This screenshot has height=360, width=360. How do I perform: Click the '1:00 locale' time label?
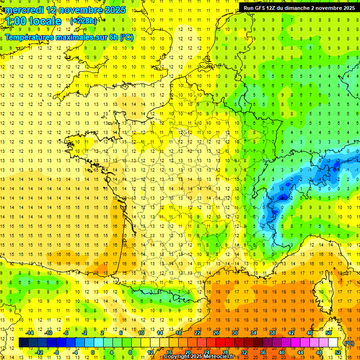[x=34, y=21]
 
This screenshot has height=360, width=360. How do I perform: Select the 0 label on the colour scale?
[x=93, y=352]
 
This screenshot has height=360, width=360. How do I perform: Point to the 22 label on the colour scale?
[x=197, y=333]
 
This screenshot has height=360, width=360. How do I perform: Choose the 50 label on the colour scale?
[x=328, y=333]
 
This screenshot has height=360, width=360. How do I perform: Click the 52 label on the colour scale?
[x=337, y=352]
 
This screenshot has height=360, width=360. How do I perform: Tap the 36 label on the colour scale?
[x=262, y=352]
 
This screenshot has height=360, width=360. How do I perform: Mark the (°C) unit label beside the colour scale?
[x=349, y=343]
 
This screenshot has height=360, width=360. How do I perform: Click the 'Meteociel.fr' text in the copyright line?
[x=222, y=357]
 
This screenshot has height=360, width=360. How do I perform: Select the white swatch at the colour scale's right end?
[x=333, y=343]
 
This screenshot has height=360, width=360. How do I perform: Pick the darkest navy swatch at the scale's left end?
[x=23, y=343]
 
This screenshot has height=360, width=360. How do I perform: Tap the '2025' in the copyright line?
[x=195, y=357]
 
